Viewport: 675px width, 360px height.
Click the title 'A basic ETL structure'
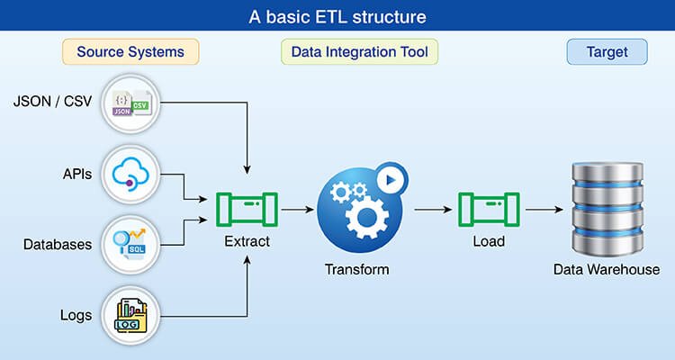click(337, 16)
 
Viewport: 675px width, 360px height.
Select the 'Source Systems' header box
click(130, 52)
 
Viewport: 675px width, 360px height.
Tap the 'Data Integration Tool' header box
click(360, 52)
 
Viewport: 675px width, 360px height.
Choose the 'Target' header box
click(607, 52)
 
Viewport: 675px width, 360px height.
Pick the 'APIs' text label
click(76, 174)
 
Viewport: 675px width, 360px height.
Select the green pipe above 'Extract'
click(247, 211)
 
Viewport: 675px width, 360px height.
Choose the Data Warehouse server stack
click(607, 209)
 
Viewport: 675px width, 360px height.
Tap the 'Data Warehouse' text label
click(607, 269)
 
